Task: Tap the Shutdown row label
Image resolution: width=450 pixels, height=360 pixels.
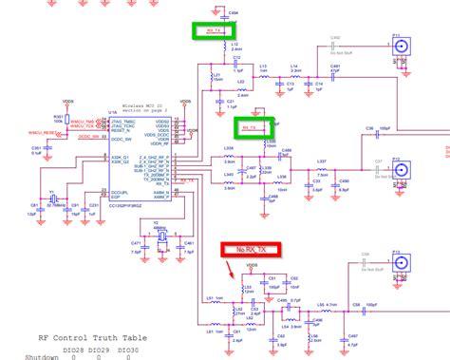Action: tap(20, 358)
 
